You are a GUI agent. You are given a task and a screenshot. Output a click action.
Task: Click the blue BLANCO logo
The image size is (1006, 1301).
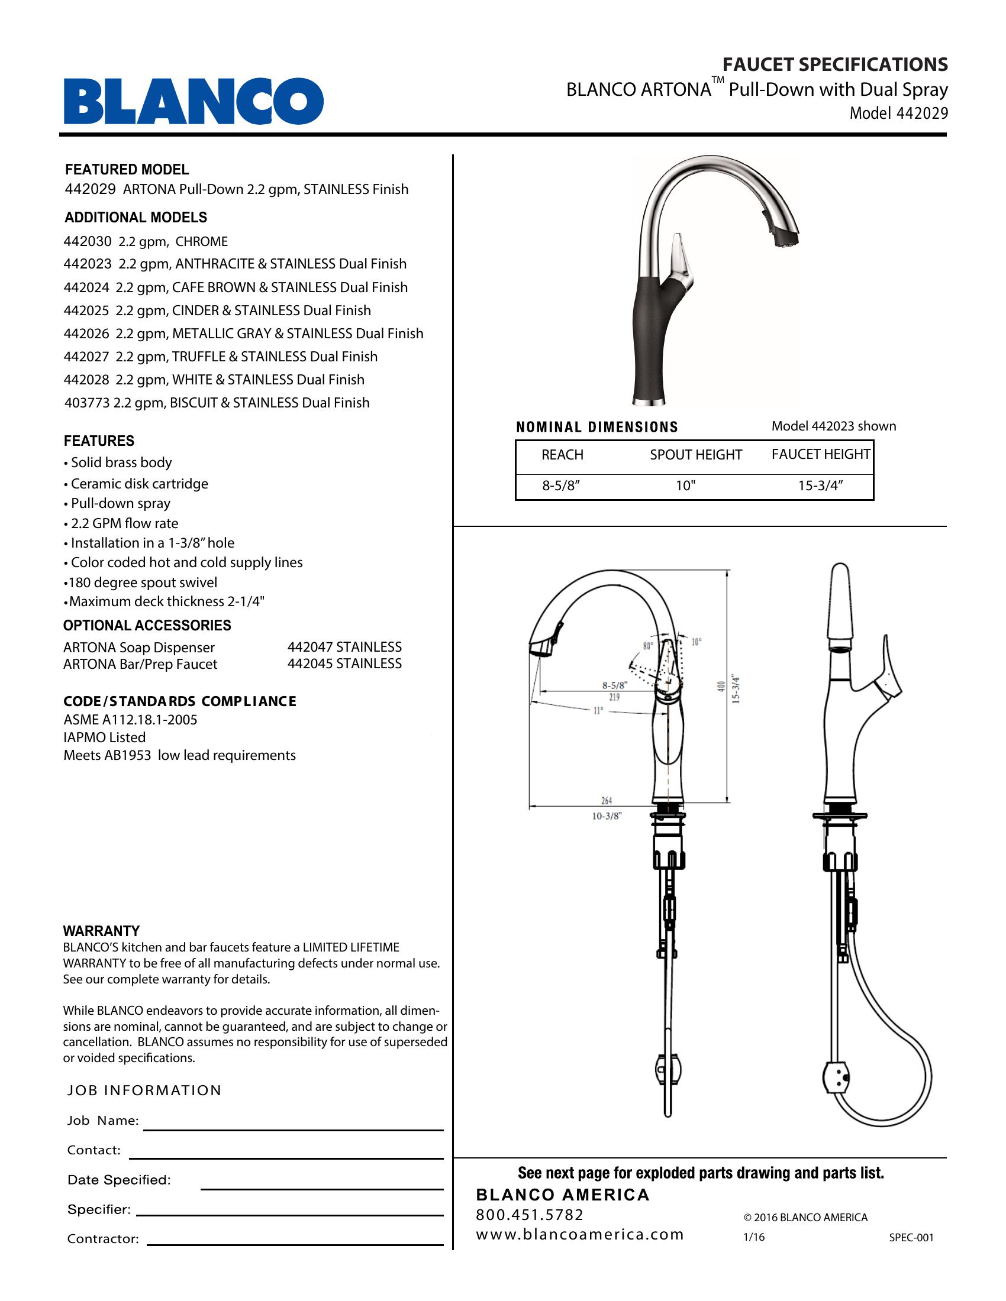click(x=193, y=101)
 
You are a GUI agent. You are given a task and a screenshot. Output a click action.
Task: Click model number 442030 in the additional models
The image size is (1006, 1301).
click(x=87, y=242)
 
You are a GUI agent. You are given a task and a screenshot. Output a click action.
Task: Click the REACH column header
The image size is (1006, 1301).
click(x=562, y=455)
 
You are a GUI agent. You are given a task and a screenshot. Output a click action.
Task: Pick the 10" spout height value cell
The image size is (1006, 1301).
click(x=685, y=486)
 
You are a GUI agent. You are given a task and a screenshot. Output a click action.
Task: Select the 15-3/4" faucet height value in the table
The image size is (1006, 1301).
click(x=820, y=486)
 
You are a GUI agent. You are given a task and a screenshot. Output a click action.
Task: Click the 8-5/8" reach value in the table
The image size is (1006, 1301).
click(x=561, y=486)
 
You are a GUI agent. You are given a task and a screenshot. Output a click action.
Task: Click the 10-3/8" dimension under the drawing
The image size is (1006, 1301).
click(x=607, y=816)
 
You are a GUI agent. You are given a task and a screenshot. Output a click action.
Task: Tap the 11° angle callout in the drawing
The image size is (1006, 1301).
click(x=598, y=711)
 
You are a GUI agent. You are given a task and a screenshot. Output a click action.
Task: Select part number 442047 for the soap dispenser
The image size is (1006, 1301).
click(x=311, y=647)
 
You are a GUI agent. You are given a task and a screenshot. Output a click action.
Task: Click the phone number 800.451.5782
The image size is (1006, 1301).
click(x=530, y=1215)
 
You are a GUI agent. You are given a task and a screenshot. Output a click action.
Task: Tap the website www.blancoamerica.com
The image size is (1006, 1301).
click(x=579, y=1235)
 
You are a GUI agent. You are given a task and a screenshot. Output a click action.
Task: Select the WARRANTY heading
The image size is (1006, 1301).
click(x=101, y=931)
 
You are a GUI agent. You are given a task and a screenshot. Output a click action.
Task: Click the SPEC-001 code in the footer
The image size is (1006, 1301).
click(x=911, y=1237)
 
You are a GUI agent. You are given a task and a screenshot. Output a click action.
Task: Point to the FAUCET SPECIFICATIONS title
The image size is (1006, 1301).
click(x=835, y=64)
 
